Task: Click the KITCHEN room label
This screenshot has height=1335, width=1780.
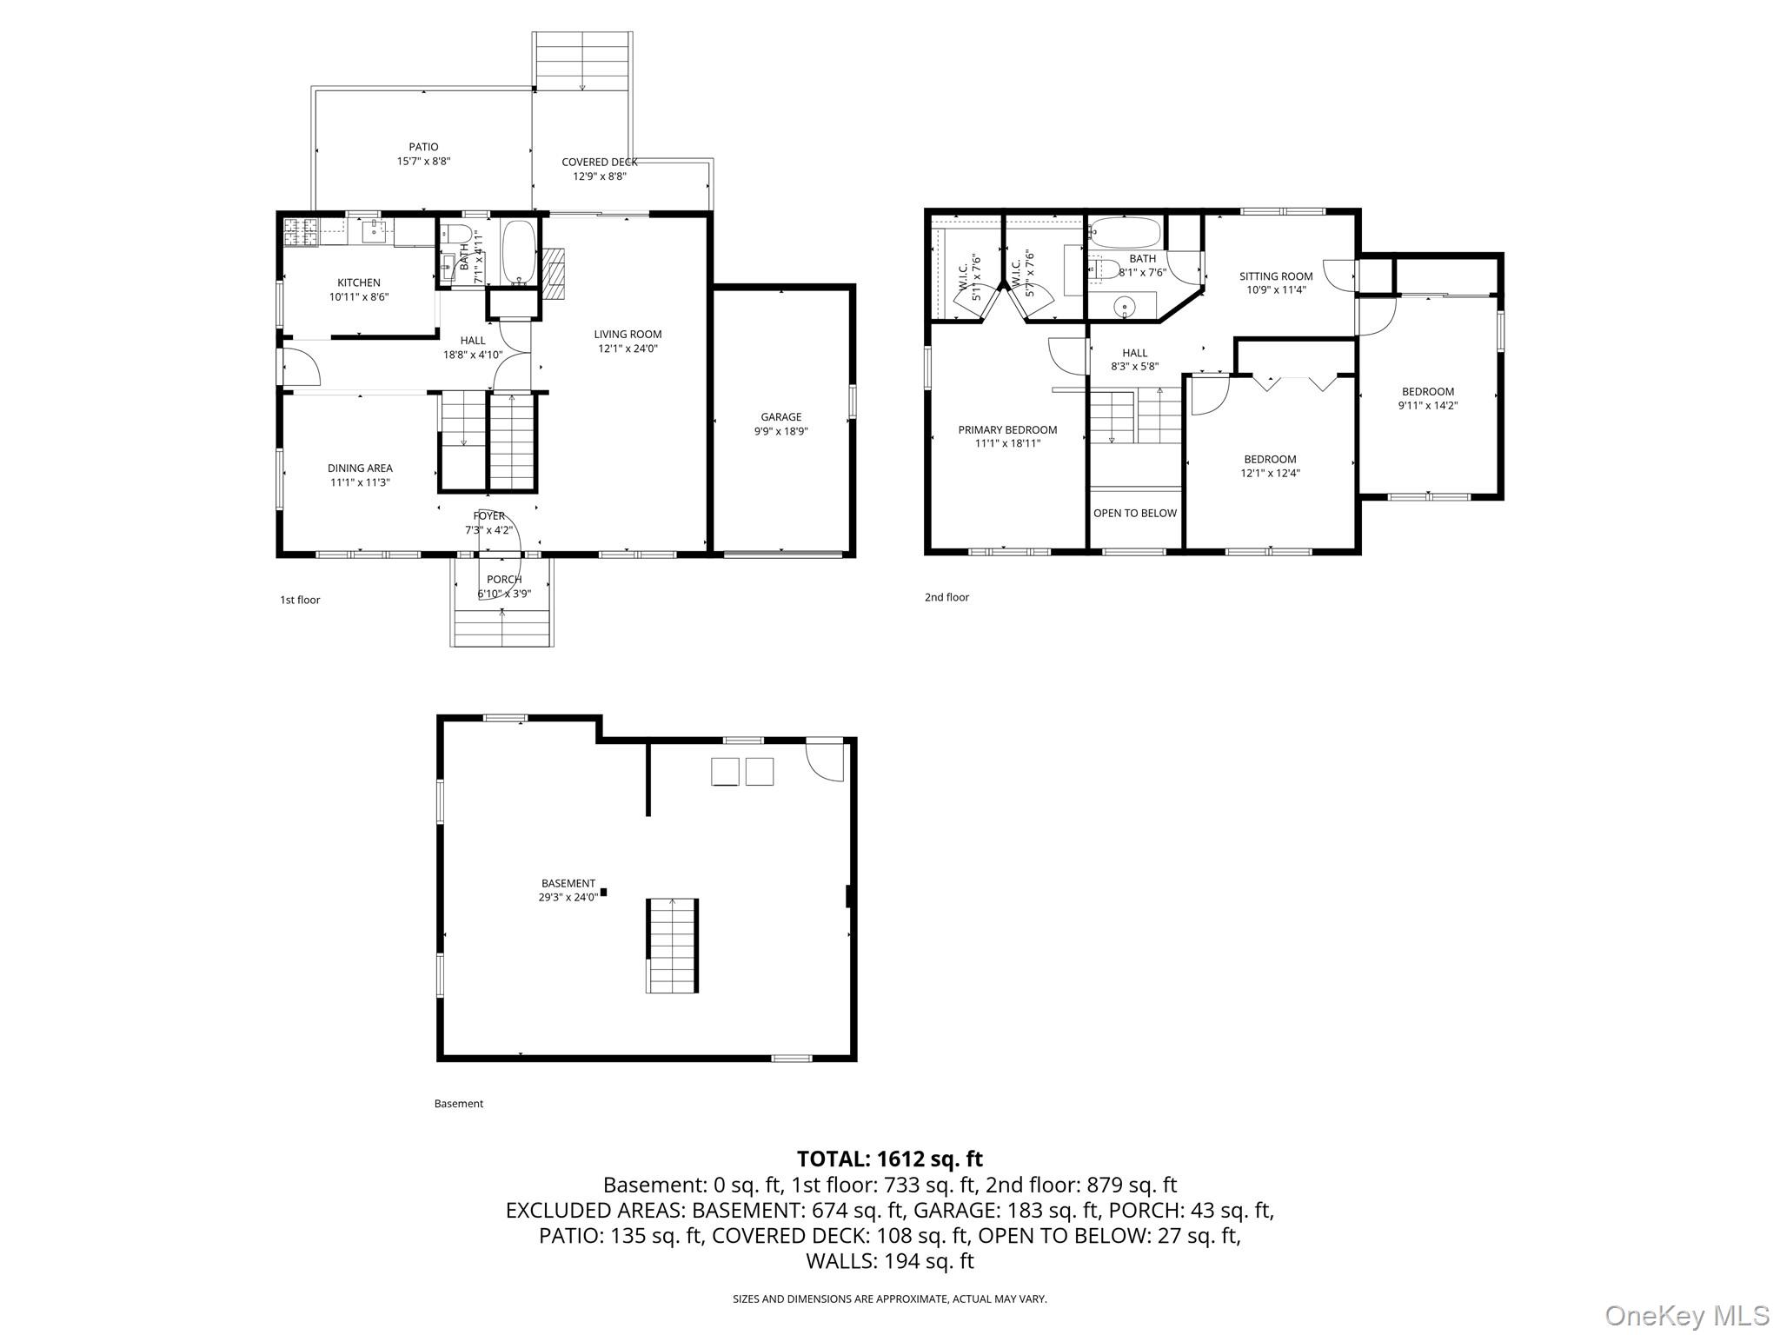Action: [359, 282]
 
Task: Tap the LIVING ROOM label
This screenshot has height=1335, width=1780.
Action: [628, 334]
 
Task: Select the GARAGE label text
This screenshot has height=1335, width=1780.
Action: [781, 416]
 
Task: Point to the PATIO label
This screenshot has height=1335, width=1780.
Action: [424, 147]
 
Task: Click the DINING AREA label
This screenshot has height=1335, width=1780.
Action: [360, 468]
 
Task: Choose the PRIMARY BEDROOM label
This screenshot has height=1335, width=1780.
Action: [1007, 429]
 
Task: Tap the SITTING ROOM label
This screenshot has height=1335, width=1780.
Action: [1276, 276]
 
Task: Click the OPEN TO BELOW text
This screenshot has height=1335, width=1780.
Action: [1135, 513]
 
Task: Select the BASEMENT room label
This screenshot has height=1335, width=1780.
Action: [568, 883]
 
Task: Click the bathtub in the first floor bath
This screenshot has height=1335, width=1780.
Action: [520, 251]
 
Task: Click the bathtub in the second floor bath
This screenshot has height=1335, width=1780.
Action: [1125, 232]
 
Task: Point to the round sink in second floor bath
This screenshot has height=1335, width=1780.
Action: [1126, 306]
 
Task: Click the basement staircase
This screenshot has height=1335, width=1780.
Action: [672, 945]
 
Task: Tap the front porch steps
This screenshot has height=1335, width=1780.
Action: [502, 628]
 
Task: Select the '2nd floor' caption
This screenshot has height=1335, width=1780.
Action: [946, 597]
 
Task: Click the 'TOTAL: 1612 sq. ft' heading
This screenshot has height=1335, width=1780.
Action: [890, 1159]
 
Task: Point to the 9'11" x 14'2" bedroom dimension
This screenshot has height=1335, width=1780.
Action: [1428, 405]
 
